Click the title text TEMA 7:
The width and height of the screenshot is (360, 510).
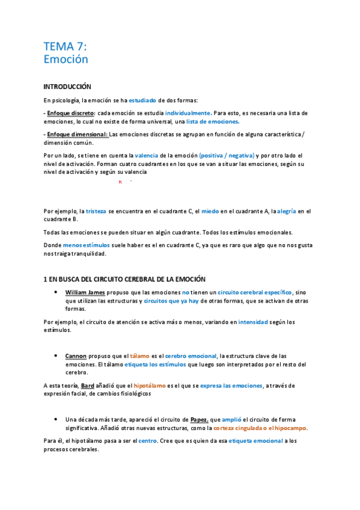coord(66,46)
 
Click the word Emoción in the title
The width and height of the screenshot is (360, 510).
coord(66,60)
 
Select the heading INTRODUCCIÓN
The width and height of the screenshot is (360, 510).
coord(67,87)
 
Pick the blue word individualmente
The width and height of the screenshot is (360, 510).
coord(188,113)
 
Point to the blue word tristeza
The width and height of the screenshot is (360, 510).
coord(96,211)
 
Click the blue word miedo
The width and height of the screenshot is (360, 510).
coord(210,211)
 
